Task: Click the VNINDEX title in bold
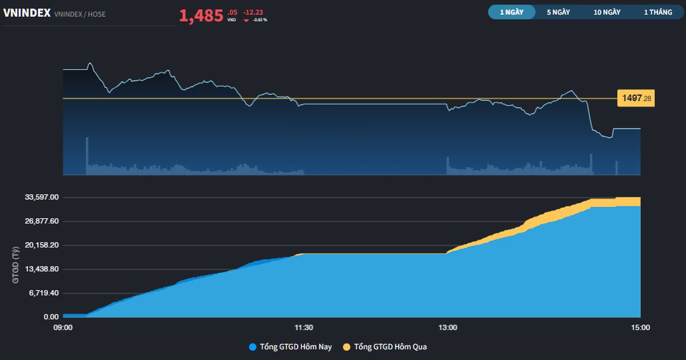(27, 14)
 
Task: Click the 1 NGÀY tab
(511, 12)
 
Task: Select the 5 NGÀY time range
(558, 12)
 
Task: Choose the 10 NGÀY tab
(607, 12)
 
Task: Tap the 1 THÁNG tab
(658, 12)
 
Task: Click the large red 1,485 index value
(201, 16)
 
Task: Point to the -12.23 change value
(253, 12)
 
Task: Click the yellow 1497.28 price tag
(635, 99)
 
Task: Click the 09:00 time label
(63, 327)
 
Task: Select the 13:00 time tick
(448, 327)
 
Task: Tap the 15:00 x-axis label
(640, 327)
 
